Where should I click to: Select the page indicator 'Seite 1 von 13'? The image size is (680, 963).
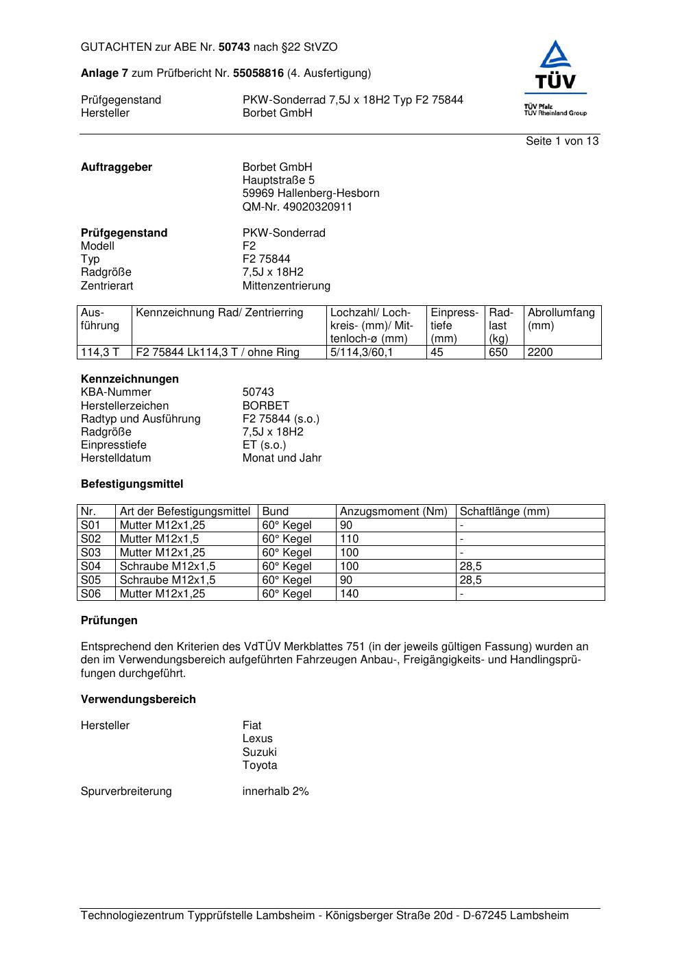pyautogui.click(x=561, y=141)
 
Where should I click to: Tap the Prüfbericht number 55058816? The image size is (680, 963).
pyautogui.click(x=258, y=73)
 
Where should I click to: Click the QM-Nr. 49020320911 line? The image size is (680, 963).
pyautogui.click(x=297, y=206)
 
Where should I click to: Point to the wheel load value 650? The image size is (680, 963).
pyautogui.click(x=498, y=353)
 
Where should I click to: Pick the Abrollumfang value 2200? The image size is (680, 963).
pyautogui.click(x=539, y=353)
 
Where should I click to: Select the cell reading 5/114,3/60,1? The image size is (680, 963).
pyautogui.click(x=361, y=353)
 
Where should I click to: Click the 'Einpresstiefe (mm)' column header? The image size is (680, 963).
pyautogui.click(x=454, y=325)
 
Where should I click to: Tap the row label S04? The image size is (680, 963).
pyautogui.click(x=90, y=567)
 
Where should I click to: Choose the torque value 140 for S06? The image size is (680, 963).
pyautogui.click(x=349, y=594)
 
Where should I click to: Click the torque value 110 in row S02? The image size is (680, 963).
pyautogui.click(x=349, y=539)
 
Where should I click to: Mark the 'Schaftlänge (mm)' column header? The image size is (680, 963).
pyautogui.click(x=504, y=512)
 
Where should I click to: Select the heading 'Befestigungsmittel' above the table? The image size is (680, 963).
pyautogui.click(x=132, y=484)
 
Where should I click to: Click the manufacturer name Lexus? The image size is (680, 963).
pyautogui.click(x=257, y=739)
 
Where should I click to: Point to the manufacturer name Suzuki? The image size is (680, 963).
pyautogui.click(x=259, y=752)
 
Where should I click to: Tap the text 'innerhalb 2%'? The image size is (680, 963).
pyautogui.click(x=275, y=792)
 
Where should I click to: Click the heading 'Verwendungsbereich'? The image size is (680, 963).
pyautogui.click(x=138, y=700)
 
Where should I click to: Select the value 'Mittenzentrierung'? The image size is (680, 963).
pyautogui.click(x=286, y=286)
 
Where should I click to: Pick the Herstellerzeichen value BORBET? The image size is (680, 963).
pyautogui.click(x=265, y=405)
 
